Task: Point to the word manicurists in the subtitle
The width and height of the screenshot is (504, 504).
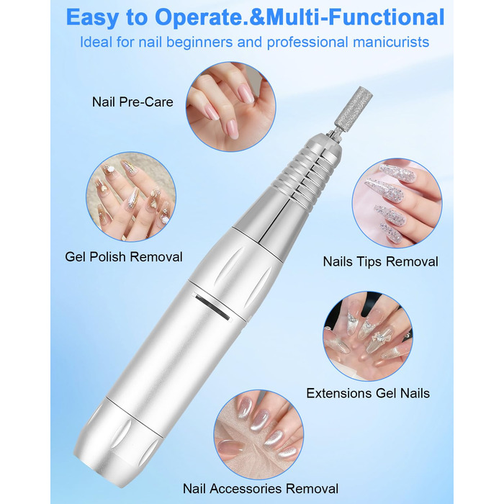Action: tap(389, 42)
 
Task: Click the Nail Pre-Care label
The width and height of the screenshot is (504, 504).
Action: tap(132, 102)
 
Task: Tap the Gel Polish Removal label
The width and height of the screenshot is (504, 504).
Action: tap(124, 257)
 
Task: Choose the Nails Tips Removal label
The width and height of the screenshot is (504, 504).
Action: tap(381, 261)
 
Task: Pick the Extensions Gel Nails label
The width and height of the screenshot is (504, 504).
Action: tap(368, 393)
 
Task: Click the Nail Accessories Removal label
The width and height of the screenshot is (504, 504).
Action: tap(261, 489)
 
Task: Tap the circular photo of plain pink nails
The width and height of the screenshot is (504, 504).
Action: tap(231, 107)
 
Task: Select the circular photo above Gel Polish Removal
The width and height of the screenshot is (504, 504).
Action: tap(131, 197)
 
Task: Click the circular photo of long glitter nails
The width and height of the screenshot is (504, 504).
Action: tap(397, 203)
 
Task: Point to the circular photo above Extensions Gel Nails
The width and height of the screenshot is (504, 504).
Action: tap(368, 336)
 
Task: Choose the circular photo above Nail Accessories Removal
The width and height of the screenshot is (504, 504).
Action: tap(258, 435)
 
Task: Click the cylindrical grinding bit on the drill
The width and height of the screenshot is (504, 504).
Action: tap(354, 107)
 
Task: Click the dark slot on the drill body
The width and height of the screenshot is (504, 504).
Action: tap(212, 306)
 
